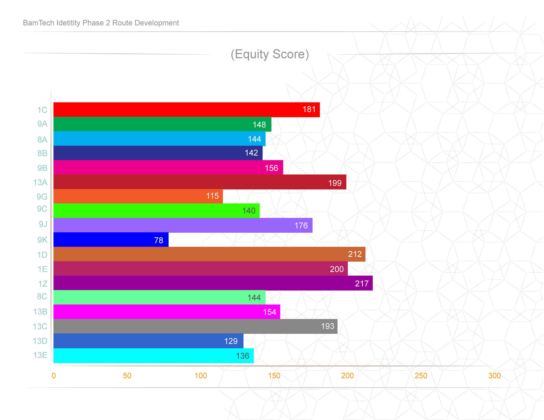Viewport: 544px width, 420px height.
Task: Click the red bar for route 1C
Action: click(186, 110)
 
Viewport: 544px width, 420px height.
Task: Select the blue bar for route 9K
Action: click(111, 240)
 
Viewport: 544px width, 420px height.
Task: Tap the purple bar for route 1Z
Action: click(213, 283)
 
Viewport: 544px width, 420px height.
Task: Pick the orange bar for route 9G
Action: click(138, 196)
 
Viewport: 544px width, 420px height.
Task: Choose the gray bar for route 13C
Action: click(195, 326)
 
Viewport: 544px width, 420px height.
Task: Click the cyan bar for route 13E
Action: click(153, 356)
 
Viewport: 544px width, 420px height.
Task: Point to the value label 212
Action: click(355, 254)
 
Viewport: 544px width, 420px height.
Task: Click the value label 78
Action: click(159, 240)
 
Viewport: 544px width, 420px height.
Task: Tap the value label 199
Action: click(335, 183)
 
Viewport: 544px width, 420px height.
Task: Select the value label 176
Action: click(301, 226)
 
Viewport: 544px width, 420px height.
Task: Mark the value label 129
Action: click(231, 341)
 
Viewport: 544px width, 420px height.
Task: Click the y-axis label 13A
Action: click(40, 182)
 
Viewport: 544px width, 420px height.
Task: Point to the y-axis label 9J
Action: click(43, 224)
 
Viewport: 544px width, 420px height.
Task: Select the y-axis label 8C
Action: click(42, 297)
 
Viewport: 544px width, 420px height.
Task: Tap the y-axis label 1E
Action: click(42, 269)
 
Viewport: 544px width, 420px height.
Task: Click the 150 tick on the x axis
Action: click(274, 376)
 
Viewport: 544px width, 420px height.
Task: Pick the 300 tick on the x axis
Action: click(494, 376)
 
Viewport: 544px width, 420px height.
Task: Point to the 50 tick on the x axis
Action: click(127, 376)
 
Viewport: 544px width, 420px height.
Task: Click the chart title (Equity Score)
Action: click(270, 54)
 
